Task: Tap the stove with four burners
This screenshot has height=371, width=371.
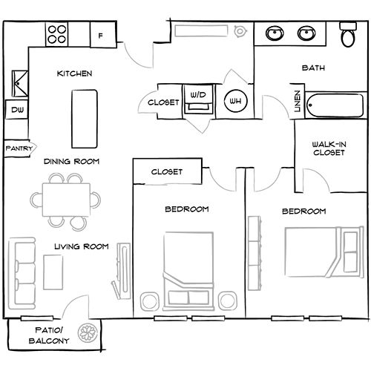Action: [58, 33]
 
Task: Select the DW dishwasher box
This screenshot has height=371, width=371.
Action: [16, 111]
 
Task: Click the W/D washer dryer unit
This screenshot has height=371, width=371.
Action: [198, 100]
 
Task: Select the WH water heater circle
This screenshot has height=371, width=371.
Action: [235, 101]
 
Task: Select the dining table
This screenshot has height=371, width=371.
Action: [65, 199]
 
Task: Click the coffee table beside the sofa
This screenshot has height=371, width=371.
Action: [53, 271]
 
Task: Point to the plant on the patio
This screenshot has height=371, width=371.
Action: [90, 334]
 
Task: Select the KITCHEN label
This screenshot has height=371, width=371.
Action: [74, 74]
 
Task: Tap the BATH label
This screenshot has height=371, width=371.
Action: [313, 68]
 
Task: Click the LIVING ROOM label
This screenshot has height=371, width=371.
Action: [82, 246]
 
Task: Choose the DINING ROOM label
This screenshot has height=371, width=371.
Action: [71, 161]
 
